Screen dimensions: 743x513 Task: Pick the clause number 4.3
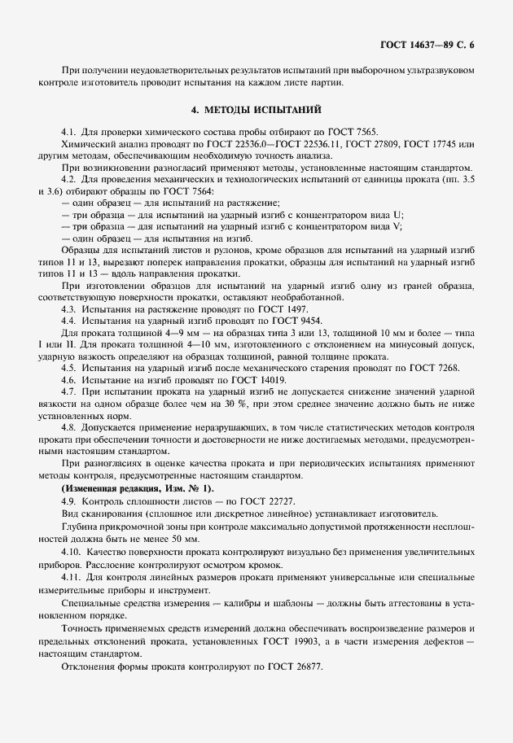click(x=68, y=310)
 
